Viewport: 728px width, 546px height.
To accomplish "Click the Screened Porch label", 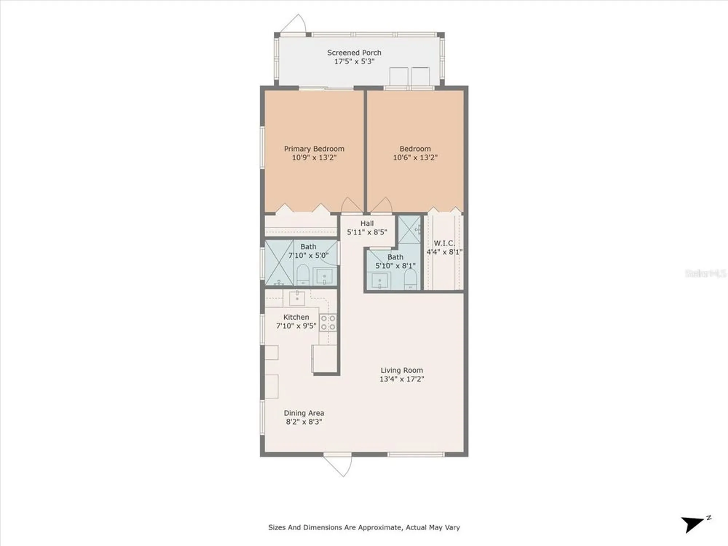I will tap(354, 53).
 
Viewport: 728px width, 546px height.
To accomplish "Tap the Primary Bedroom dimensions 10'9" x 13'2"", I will tap(314, 158).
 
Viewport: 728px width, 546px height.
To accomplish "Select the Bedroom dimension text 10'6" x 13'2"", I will tap(415, 158).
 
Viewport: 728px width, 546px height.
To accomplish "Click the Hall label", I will tap(367, 223).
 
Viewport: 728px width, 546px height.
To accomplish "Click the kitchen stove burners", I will tap(328, 323).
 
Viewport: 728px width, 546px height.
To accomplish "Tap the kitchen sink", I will tap(297, 298).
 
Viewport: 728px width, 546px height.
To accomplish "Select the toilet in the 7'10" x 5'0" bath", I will tap(303, 275).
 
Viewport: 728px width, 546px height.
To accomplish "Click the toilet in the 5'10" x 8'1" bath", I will tap(410, 279).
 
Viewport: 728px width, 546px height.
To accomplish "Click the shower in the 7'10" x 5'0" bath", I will tap(279, 262).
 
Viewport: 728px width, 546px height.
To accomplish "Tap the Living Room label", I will tap(401, 370).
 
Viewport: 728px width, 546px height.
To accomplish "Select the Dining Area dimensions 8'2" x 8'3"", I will tap(304, 422).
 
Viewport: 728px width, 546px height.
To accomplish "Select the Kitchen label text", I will tap(296, 317).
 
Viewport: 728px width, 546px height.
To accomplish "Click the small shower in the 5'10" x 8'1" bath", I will tap(409, 229).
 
